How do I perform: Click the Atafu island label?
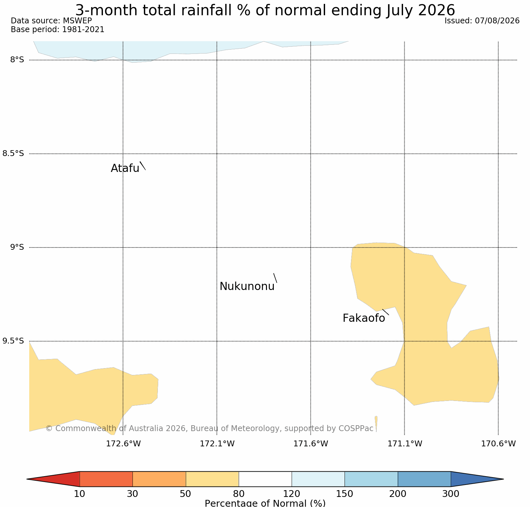pyautogui.click(x=125, y=168)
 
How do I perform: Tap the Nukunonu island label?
pyautogui.click(x=247, y=286)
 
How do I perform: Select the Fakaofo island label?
pyautogui.click(x=364, y=318)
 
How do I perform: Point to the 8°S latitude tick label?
pyautogui.click(x=17, y=60)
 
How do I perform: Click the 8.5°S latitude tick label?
pyautogui.click(x=13, y=153)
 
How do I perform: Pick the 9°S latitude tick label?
pyautogui.click(x=17, y=247)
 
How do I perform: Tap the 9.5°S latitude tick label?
pyautogui.click(x=13, y=341)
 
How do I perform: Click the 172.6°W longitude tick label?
pyautogui.click(x=123, y=444)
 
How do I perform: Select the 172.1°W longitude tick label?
pyautogui.click(x=217, y=444)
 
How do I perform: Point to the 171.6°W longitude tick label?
pyautogui.click(x=311, y=444)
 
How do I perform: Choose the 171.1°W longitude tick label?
pyautogui.click(x=405, y=444)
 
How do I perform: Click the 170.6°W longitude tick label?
pyautogui.click(x=498, y=444)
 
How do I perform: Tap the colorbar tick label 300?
pyautogui.click(x=451, y=494)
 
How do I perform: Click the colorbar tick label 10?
pyautogui.click(x=80, y=494)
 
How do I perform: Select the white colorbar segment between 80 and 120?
pyautogui.click(x=265, y=479)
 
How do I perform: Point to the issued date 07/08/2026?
pyautogui.click(x=497, y=21)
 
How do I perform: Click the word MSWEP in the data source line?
pyautogui.click(x=77, y=21)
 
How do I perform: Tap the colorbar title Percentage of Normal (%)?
pyautogui.click(x=265, y=503)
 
